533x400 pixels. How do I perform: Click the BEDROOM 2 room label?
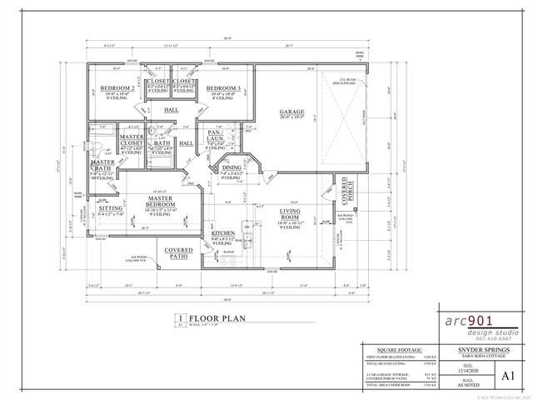(117, 88)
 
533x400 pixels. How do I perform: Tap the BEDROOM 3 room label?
(224, 88)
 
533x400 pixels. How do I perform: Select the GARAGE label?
(291, 112)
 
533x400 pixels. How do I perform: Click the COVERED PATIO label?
(178, 252)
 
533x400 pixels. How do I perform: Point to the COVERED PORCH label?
(341, 189)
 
